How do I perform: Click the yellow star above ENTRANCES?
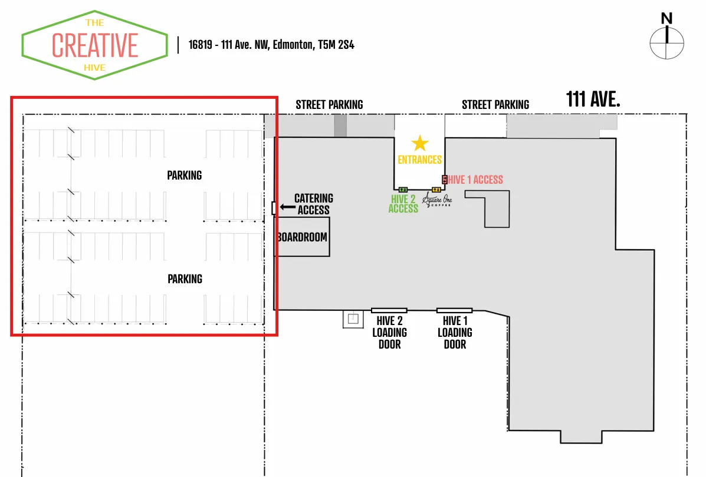[x=419, y=143]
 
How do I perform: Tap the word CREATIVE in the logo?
[x=95, y=45]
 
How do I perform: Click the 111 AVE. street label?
[x=593, y=100]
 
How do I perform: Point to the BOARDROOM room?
[x=303, y=237]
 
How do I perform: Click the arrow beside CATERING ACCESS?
[x=287, y=207]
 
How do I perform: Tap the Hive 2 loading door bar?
[x=389, y=310]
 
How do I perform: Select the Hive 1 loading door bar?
[x=454, y=310]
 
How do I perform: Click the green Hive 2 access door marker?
[x=403, y=189]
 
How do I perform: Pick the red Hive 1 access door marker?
[x=445, y=179]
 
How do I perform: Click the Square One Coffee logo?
[x=437, y=201]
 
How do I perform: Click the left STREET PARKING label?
[x=329, y=105]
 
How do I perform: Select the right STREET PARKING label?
[x=495, y=105]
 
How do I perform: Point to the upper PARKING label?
[x=184, y=175]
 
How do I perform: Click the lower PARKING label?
[x=185, y=279]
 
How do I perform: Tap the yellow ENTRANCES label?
[x=419, y=160]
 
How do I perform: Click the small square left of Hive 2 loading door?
[x=353, y=319]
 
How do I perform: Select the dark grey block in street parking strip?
[x=340, y=126]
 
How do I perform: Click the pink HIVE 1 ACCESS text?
[x=475, y=180]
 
